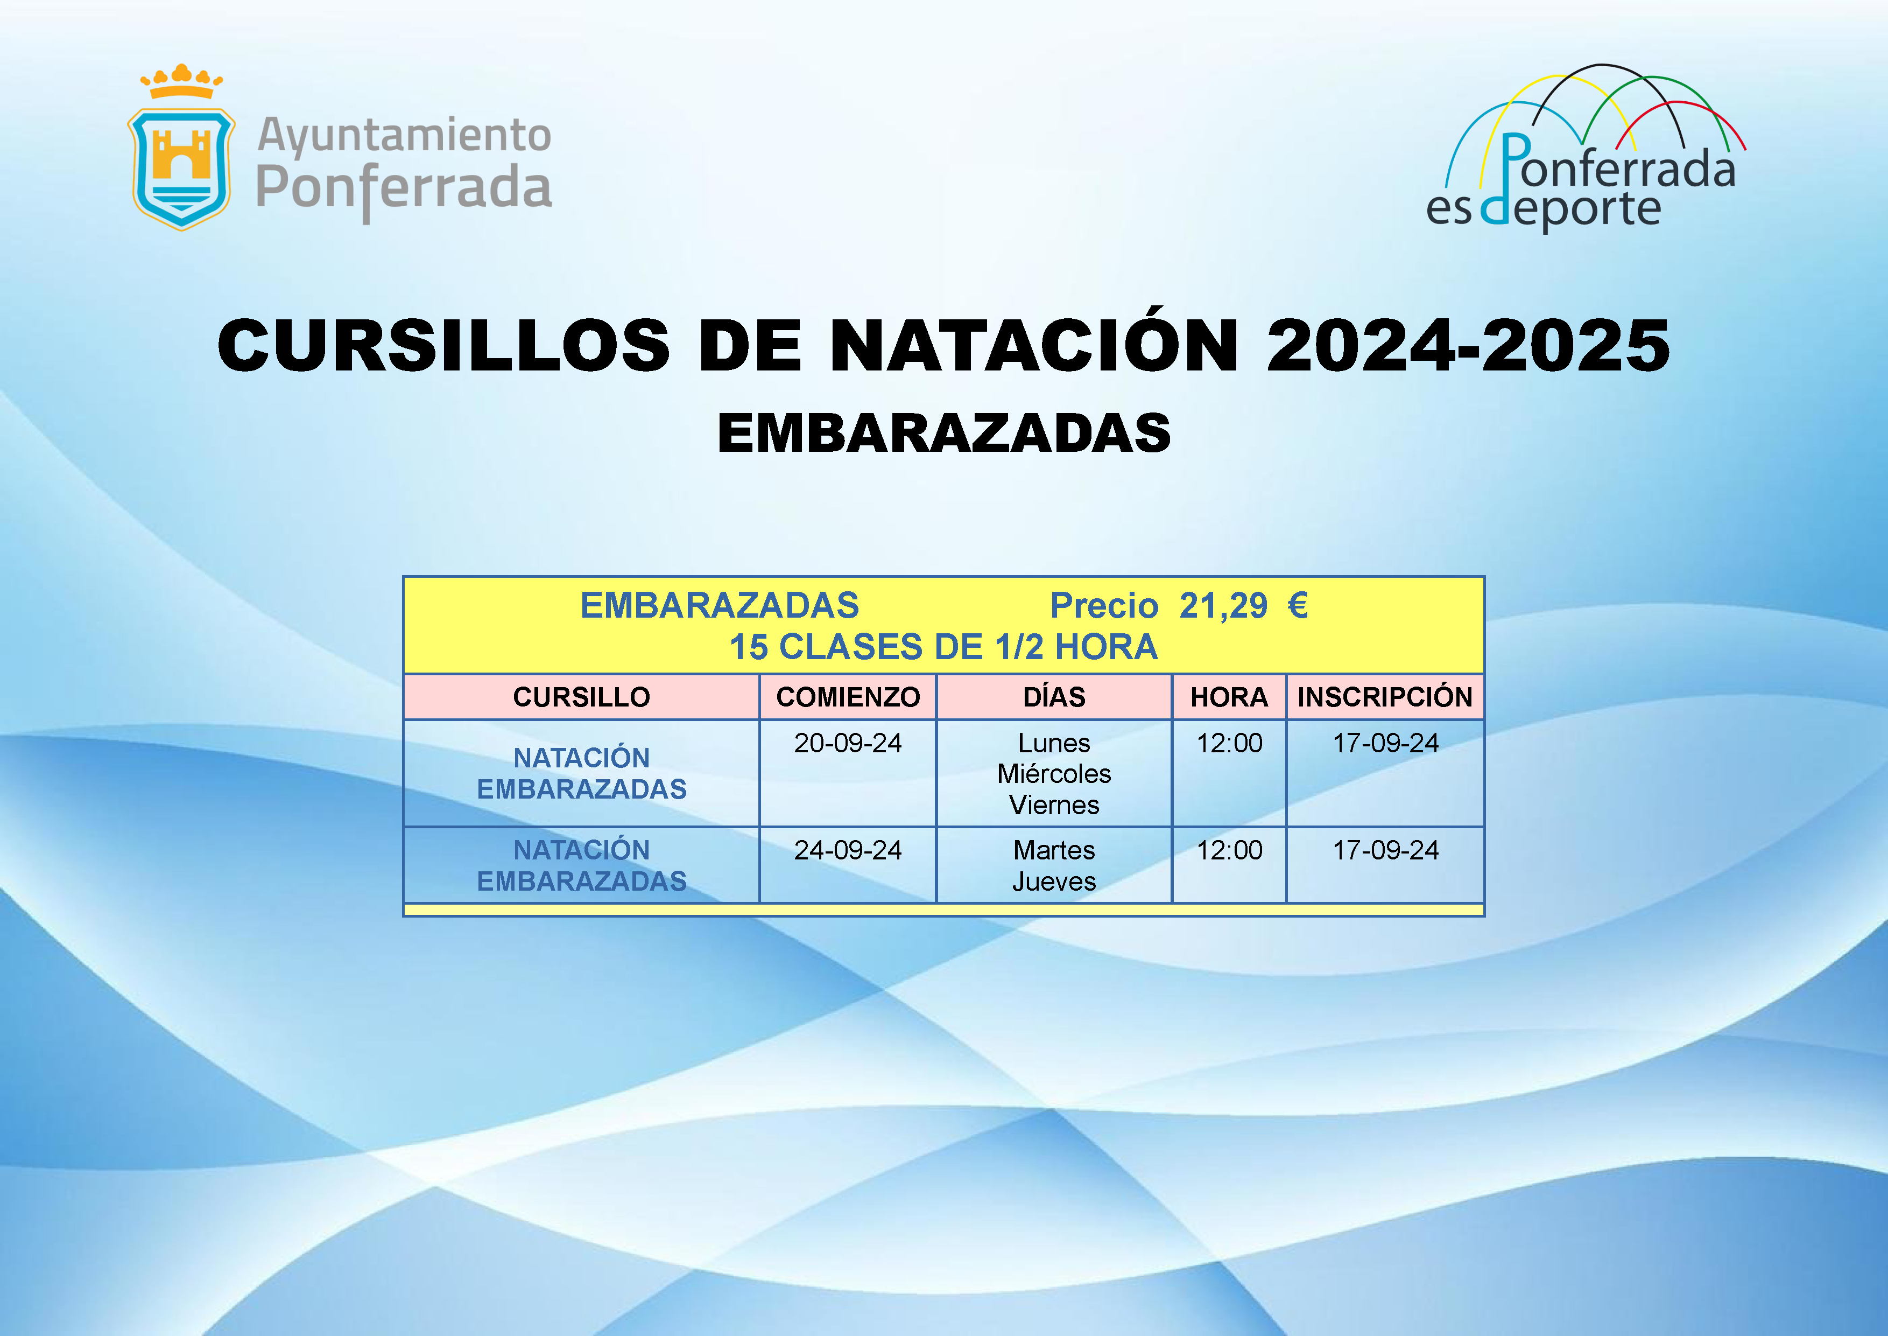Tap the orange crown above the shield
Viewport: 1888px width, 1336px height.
click(182, 81)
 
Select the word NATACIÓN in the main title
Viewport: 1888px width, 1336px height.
click(1034, 346)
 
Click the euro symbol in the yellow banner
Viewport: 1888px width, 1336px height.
click(1298, 605)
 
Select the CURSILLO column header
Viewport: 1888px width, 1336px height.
click(581, 697)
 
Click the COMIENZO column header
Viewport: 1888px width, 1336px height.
click(848, 697)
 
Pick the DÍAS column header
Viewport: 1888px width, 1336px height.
click(1054, 697)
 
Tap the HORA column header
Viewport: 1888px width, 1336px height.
click(1229, 697)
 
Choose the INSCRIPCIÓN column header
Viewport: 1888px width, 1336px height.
click(1385, 697)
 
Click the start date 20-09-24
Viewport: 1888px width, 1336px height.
click(848, 744)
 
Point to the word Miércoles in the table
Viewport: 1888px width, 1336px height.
click(1054, 774)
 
